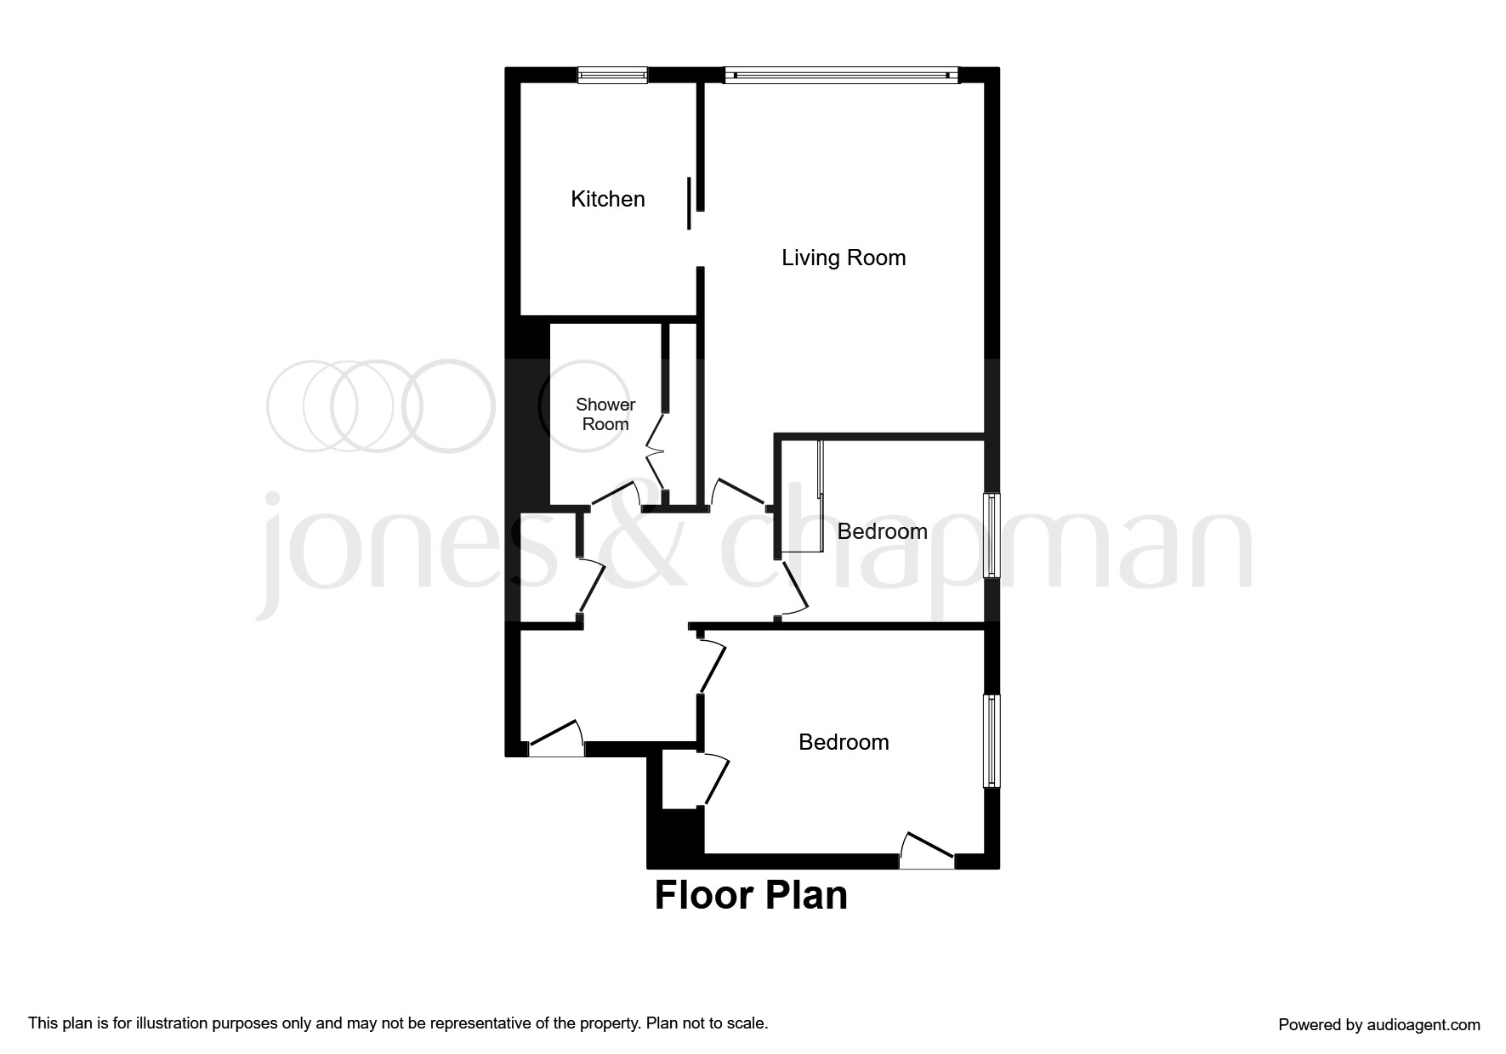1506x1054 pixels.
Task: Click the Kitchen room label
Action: tap(607, 199)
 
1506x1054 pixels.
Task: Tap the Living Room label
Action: tap(844, 258)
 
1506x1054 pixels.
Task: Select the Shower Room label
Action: tap(605, 414)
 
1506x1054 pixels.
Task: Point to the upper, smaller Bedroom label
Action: tap(882, 531)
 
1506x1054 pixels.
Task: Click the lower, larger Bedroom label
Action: tap(844, 742)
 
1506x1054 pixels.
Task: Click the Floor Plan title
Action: tap(751, 896)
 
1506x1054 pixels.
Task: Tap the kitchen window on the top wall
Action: tap(612, 75)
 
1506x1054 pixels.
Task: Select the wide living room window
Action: tap(842, 75)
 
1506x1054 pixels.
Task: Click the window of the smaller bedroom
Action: tap(992, 535)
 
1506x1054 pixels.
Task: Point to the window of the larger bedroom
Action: tap(992, 740)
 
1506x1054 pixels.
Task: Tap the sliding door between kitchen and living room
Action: tap(689, 204)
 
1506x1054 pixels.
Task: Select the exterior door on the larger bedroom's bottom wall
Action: tap(928, 852)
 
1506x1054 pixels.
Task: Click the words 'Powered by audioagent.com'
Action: tap(1378, 1025)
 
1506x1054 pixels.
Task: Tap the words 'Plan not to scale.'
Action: tap(707, 1023)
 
